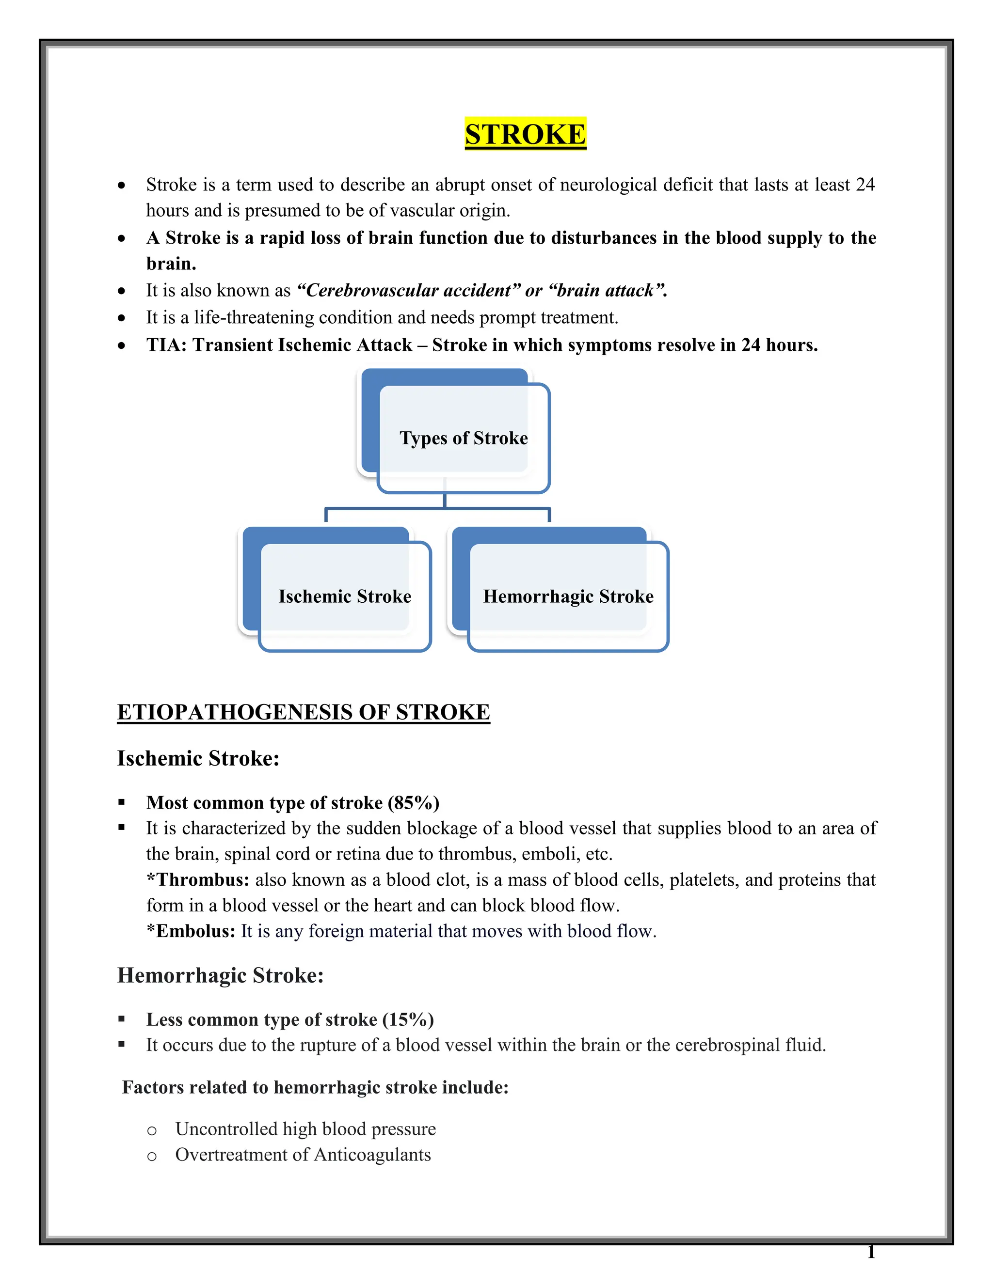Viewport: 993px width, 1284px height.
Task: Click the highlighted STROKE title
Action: pos(525,134)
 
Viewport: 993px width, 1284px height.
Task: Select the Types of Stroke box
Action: pos(464,438)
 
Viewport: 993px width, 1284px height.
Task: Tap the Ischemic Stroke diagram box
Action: pos(345,596)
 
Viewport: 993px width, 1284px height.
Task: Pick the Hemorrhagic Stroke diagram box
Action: pos(568,596)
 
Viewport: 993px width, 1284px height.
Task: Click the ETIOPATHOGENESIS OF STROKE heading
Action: pos(303,712)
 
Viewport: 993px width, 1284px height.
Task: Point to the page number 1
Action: pos(871,1252)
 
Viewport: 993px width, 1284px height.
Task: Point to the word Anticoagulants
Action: pos(372,1154)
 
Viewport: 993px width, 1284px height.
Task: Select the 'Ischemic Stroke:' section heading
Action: pos(198,758)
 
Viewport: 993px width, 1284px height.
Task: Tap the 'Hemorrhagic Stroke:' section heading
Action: pos(220,975)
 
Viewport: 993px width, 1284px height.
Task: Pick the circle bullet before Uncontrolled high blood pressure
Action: pos(152,1130)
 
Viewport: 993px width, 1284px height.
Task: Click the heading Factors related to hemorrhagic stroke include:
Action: pos(315,1087)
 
